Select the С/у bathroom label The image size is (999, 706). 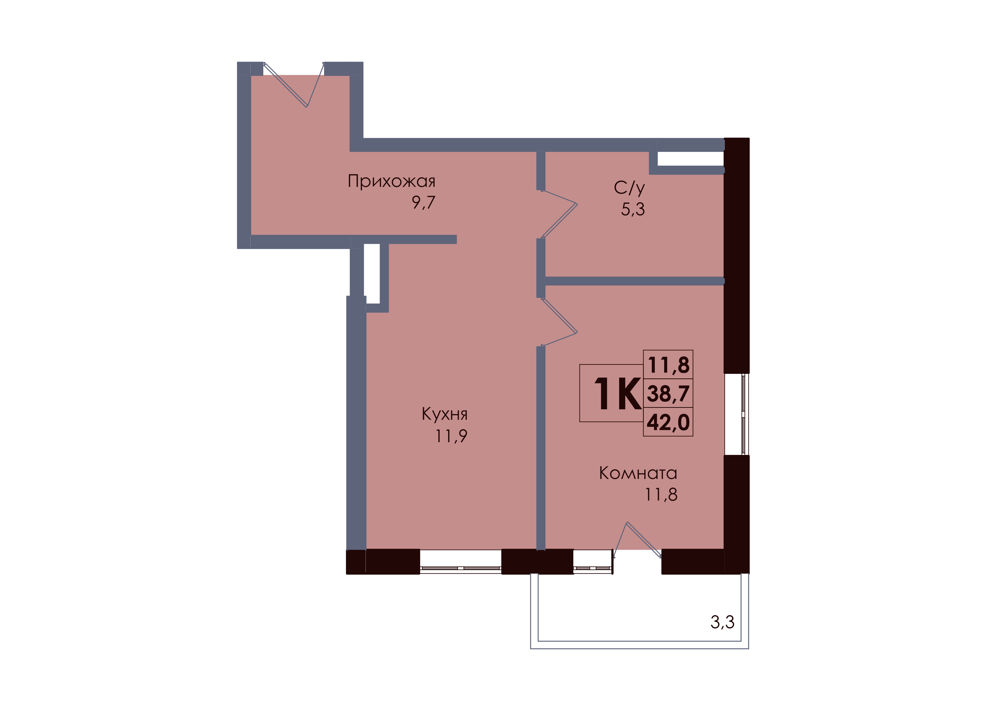(x=629, y=188)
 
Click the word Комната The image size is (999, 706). (x=638, y=473)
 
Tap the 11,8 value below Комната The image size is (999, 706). (x=661, y=495)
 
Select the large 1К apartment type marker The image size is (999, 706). (x=617, y=394)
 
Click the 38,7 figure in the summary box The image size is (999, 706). (x=668, y=394)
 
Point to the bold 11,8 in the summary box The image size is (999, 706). (x=668, y=365)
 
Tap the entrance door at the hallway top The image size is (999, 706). (x=294, y=85)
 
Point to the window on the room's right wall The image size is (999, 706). (x=737, y=414)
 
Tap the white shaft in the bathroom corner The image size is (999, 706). (x=691, y=158)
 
